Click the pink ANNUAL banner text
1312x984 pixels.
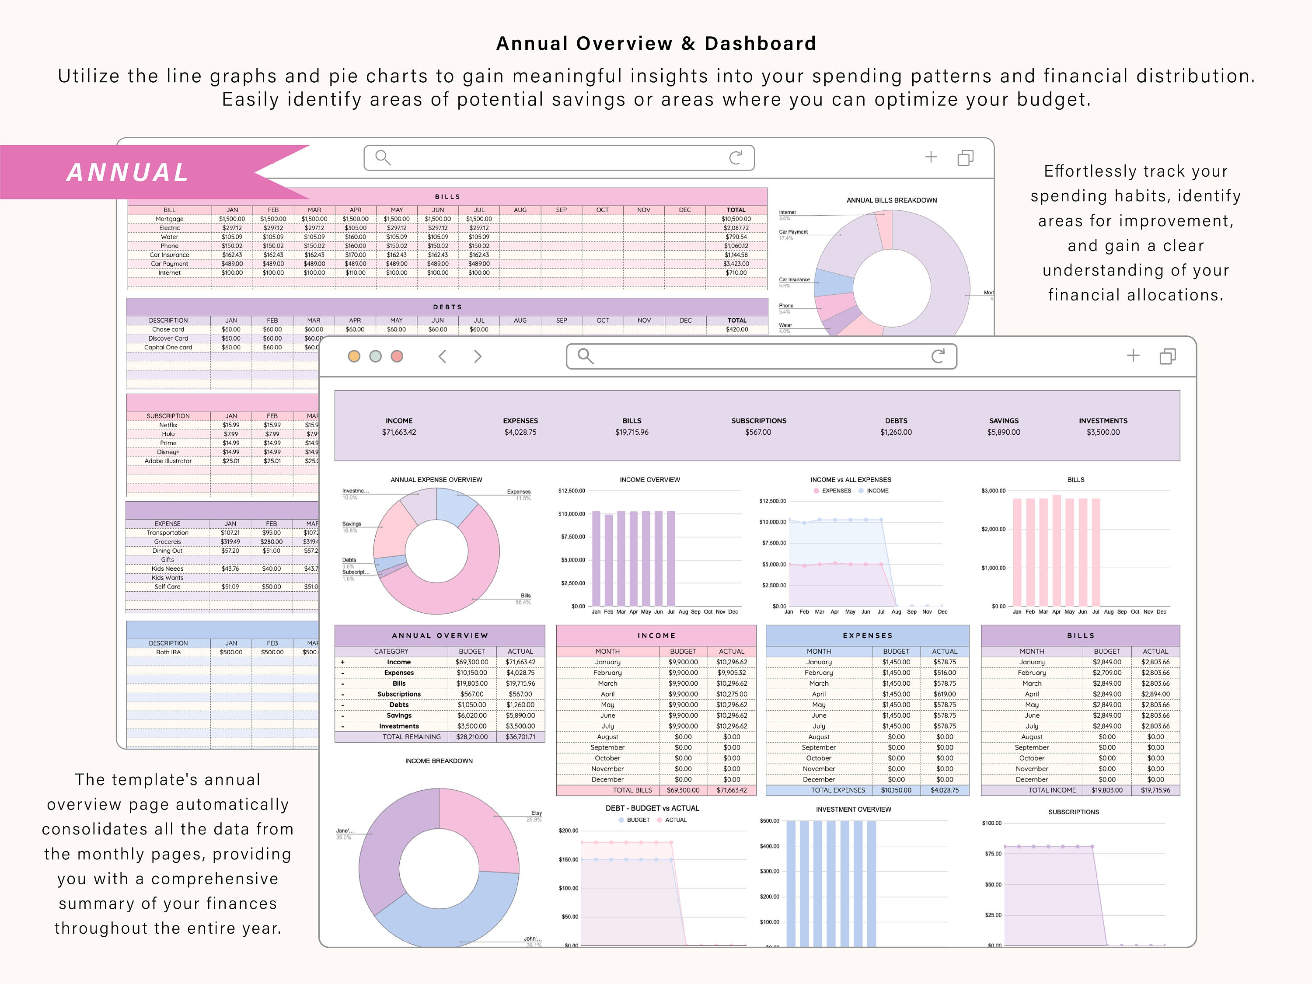point(128,173)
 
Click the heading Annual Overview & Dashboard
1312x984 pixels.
point(656,43)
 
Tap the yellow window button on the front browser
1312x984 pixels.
point(354,356)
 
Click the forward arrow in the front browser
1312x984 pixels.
point(478,356)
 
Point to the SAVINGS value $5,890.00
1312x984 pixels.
point(1004,433)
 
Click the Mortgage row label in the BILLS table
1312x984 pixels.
point(170,219)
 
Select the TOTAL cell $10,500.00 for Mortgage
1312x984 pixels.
point(736,219)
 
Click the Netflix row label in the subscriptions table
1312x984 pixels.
point(168,425)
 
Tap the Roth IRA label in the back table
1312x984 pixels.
point(168,652)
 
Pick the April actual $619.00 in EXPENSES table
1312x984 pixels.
point(944,694)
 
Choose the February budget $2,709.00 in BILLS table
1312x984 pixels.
point(1107,673)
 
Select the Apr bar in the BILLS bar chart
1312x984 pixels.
point(1056,550)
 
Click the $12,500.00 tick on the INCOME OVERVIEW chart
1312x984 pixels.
point(571,491)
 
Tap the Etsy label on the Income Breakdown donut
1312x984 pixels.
point(536,813)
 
